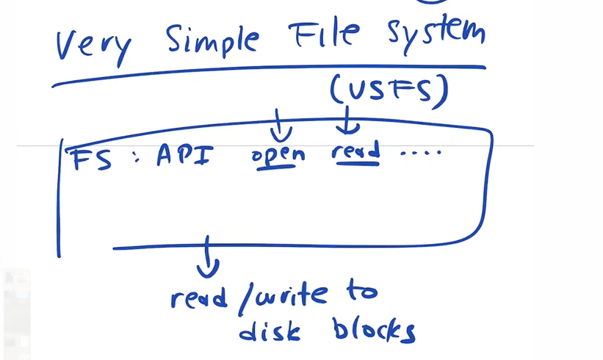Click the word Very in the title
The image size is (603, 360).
point(93,46)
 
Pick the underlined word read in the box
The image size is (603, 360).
point(355,152)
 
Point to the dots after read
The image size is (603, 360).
point(421,153)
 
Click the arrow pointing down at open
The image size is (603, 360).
point(281,126)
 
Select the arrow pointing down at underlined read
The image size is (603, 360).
point(349,122)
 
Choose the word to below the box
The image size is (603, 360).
point(360,292)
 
